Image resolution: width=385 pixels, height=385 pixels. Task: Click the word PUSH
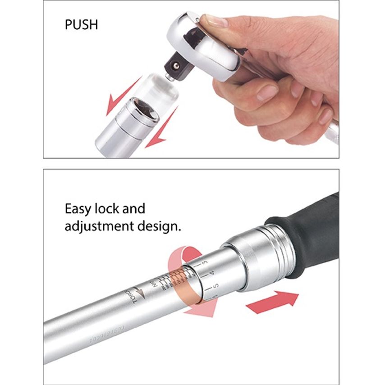(81, 24)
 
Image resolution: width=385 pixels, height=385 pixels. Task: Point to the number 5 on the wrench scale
(216, 286)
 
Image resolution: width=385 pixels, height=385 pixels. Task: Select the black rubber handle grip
(311, 234)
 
